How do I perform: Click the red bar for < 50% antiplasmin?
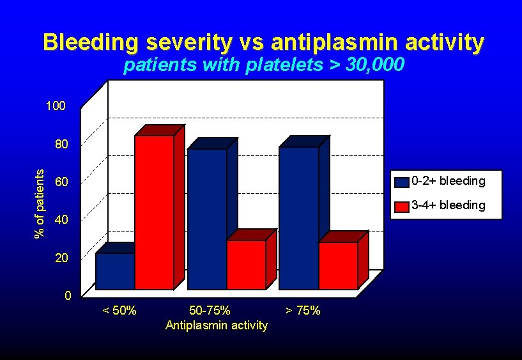pos(154,212)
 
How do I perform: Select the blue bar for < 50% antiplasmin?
pos(115,271)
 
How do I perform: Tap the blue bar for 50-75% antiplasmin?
pos(207,219)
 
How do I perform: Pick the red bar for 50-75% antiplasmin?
pos(246,265)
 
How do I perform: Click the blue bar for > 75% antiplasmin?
pos(298,217)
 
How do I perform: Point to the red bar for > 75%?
pos(338,265)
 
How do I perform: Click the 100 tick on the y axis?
pos(56,106)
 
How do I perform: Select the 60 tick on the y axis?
pos(61,182)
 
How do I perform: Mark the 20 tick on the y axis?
pos(61,258)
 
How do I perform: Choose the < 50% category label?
pos(119,311)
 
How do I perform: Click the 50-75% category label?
pos(210,311)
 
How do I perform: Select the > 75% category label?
pos(303,311)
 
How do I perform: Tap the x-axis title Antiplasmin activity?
pos(217,325)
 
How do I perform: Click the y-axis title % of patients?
pos(40,203)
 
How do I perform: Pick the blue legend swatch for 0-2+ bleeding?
pos(401,182)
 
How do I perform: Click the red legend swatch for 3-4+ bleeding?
pos(401,206)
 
